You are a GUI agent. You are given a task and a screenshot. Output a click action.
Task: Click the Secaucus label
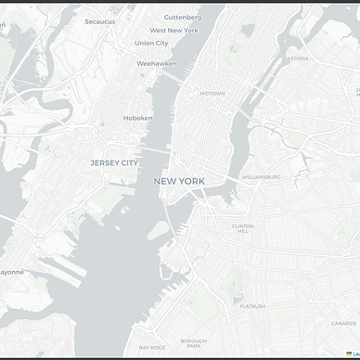click(99, 21)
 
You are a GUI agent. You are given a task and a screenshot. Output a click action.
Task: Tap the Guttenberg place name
click(182, 17)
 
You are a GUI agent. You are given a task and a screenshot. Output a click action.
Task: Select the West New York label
click(174, 30)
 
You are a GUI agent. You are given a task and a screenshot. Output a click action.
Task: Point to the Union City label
click(151, 43)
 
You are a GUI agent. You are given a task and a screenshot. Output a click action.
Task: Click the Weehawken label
click(156, 63)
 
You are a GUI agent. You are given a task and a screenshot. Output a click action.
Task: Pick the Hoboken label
click(138, 118)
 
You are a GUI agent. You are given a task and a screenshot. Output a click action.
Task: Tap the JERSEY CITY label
click(114, 162)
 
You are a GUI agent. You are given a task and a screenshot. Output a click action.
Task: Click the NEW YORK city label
click(179, 181)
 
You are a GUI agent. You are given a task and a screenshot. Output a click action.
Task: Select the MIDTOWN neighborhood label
click(212, 93)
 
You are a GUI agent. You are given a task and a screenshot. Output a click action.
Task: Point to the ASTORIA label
click(298, 58)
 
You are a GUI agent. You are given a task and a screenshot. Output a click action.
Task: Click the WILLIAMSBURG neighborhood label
click(261, 175)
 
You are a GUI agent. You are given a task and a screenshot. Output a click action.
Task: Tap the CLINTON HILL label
click(242, 228)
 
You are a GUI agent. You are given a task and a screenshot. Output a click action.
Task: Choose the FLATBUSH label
click(252, 305)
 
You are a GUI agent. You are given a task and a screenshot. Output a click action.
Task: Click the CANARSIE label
click(343, 324)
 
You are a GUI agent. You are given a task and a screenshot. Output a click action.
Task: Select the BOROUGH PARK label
click(194, 343)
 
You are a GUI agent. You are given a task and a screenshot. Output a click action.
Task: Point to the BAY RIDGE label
click(151, 347)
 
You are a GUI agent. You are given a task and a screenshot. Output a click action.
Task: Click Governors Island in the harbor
click(159, 229)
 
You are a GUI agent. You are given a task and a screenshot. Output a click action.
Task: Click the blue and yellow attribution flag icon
click(349, 354)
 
